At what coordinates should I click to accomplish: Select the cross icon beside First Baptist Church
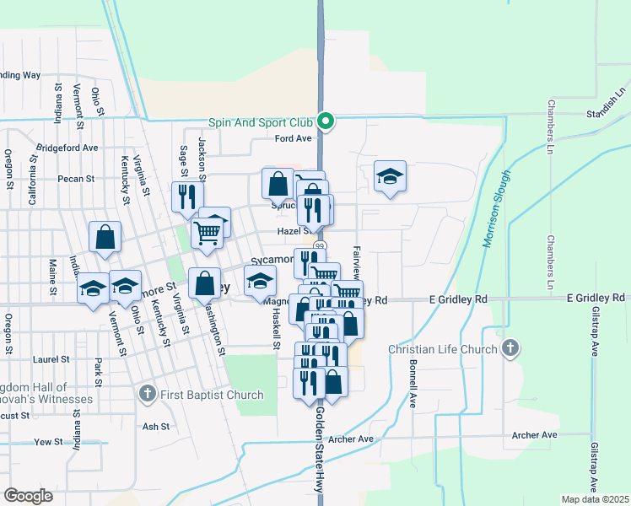[147, 394]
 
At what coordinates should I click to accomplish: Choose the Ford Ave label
[294, 138]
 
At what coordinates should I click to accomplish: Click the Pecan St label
[76, 179]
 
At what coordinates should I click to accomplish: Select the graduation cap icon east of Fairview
[390, 176]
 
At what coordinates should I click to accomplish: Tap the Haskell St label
[276, 326]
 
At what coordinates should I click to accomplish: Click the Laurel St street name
[44, 359]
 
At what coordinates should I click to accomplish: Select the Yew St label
[48, 441]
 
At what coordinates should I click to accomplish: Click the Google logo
[29, 496]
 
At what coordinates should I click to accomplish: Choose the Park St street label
[99, 372]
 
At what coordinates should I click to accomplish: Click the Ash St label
[156, 427]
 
